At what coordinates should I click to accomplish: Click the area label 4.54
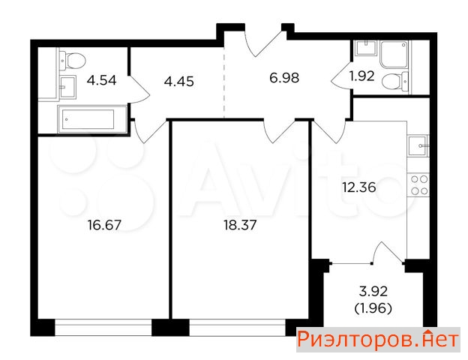pos(101,80)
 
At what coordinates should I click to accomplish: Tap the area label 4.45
pos(179,82)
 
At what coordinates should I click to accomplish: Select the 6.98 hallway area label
pos(284,78)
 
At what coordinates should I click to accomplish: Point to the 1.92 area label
pos(361,76)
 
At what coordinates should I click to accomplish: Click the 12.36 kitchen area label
pos(359,187)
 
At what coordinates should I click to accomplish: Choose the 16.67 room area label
pos(105,225)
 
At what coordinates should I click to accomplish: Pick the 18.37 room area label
pos(240,225)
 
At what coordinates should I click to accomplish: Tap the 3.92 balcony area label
pos(373,291)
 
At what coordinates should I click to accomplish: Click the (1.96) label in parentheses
pos(373,308)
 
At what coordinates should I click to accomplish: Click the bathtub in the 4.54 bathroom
pos(92,119)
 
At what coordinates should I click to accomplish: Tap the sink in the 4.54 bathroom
pos(67,87)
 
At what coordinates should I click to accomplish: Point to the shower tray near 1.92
pos(394,54)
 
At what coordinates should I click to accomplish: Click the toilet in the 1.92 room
pos(394,82)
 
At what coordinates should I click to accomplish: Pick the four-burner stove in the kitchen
pos(419,185)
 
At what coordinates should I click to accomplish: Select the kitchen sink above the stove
pos(418,145)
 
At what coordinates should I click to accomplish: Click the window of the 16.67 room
pos(103,328)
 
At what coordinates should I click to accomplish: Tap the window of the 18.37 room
pos(238,328)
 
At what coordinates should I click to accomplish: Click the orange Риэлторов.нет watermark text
pos(378,340)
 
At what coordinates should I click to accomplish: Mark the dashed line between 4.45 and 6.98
pos(224,82)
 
